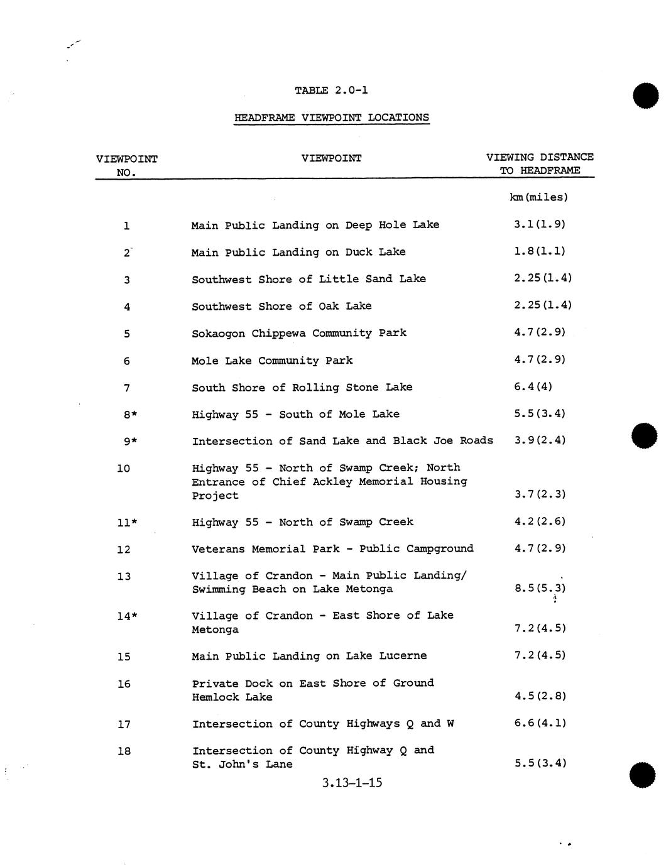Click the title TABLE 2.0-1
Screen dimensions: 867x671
click(x=331, y=90)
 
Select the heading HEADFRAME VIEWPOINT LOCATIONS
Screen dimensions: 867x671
click(x=331, y=117)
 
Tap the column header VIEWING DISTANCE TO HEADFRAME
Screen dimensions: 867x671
click(x=539, y=163)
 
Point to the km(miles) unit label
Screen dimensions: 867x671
click(x=538, y=197)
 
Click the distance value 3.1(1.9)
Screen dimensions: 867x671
click(x=540, y=224)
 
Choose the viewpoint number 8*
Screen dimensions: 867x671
click(x=130, y=414)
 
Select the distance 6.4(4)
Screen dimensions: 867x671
click(x=533, y=386)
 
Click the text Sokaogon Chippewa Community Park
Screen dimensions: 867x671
click(x=298, y=333)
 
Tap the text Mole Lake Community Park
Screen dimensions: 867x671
click(x=272, y=361)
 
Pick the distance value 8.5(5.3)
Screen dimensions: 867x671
click(x=540, y=589)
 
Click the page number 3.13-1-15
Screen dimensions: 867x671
click(x=352, y=783)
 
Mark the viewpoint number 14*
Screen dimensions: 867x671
click(x=127, y=616)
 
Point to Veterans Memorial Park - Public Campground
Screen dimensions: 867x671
click(x=332, y=548)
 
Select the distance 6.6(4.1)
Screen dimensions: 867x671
click(x=540, y=723)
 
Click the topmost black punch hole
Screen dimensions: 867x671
click(x=646, y=95)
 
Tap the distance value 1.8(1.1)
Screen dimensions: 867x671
click(x=540, y=251)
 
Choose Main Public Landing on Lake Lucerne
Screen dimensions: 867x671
click(x=309, y=656)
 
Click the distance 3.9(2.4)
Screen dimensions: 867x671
click(x=540, y=440)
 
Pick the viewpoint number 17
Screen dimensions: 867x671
click(x=124, y=724)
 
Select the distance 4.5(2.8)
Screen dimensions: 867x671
click(x=540, y=696)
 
